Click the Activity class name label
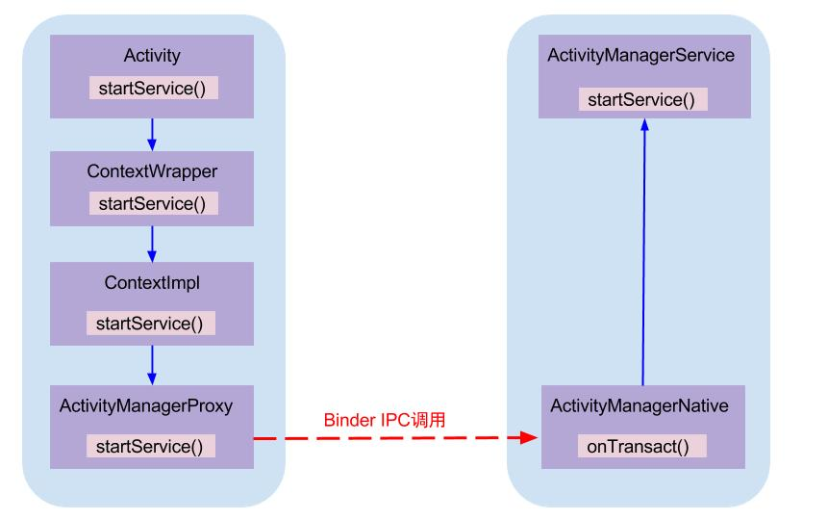(x=152, y=57)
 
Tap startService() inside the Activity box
(x=153, y=88)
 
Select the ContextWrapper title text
(x=152, y=171)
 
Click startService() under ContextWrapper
(x=153, y=203)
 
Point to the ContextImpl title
(x=152, y=283)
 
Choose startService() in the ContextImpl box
(x=151, y=324)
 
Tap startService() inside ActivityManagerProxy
(x=151, y=446)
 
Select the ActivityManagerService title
(x=640, y=56)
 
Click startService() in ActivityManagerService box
(x=642, y=99)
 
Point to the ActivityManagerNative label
(x=640, y=406)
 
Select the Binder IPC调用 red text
(x=385, y=420)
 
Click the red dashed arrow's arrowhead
(x=529, y=438)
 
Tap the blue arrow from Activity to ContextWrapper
(x=152, y=132)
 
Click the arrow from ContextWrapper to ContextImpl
(x=152, y=244)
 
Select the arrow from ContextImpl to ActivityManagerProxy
(x=152, y=364)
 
